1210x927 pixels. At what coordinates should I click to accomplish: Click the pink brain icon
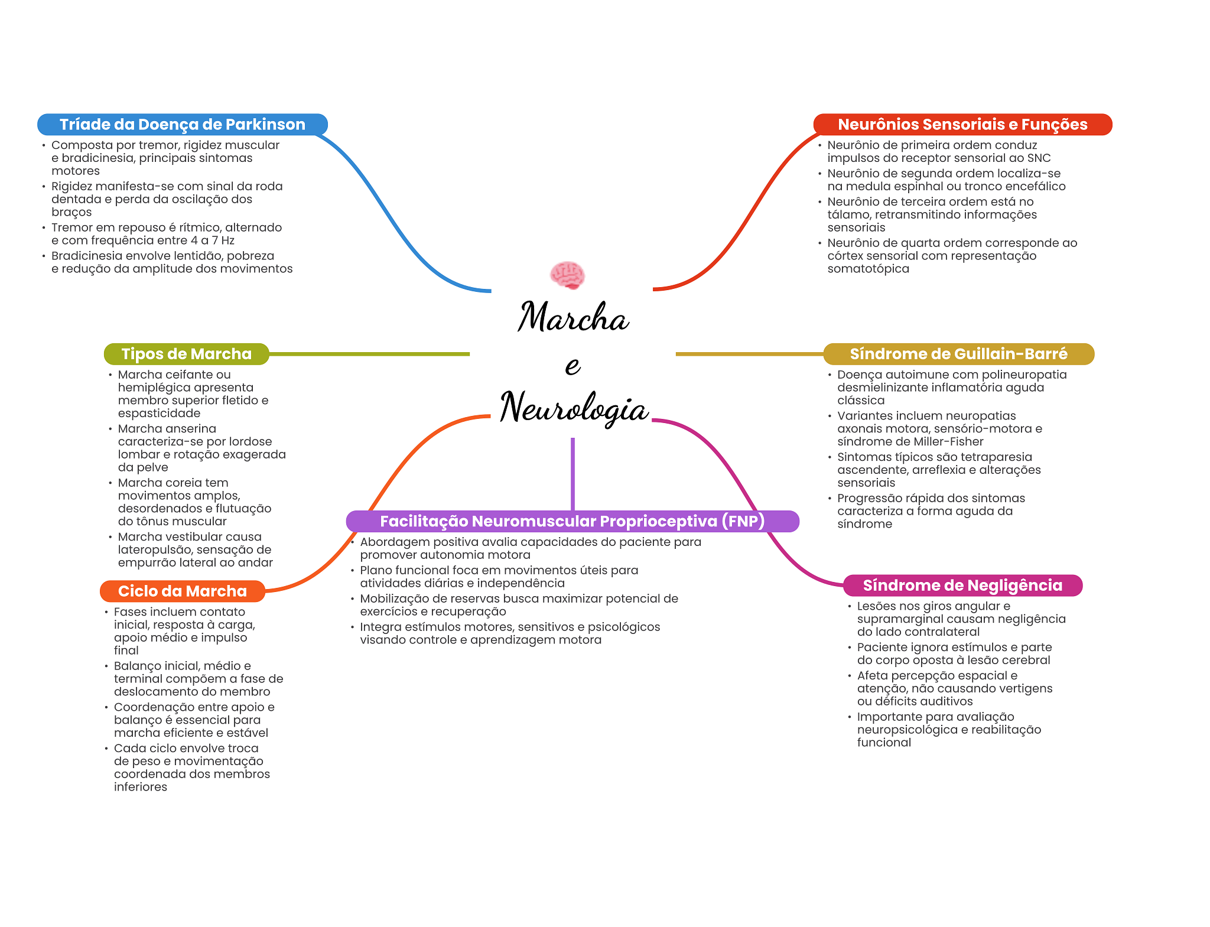[x=567, y=275]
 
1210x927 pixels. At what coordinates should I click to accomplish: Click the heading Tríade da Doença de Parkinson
[x=183, y=125]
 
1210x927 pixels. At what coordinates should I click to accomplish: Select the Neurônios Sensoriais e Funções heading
[x=962, y=125]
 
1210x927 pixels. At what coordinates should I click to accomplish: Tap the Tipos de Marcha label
[x=187, y=354]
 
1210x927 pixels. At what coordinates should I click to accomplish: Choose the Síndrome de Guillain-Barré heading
[x=958, y=354]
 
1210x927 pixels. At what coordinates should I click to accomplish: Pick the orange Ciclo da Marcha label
[x=183, y=591]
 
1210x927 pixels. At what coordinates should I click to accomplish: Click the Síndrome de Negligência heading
[x=962, y=586]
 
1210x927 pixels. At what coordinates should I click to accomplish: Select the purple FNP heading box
[x=573, y=521]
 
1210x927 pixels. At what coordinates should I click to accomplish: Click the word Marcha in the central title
[x=573, y=317]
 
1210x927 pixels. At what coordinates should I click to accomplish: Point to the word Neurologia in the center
[x=574, y=408]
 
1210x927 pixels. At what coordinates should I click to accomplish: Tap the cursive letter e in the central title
[x=573, y=366]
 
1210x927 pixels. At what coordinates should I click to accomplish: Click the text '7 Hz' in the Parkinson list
[x=223, y=240]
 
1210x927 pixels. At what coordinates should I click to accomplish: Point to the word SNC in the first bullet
[x=1039, y=158]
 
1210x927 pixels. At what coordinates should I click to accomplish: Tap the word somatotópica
[x=868, y=269]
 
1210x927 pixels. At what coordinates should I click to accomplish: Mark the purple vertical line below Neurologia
[x=573, y=474]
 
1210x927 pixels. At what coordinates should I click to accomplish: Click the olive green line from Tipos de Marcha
[x=369, y=354]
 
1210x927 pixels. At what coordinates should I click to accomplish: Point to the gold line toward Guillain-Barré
[x=749, y=354]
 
